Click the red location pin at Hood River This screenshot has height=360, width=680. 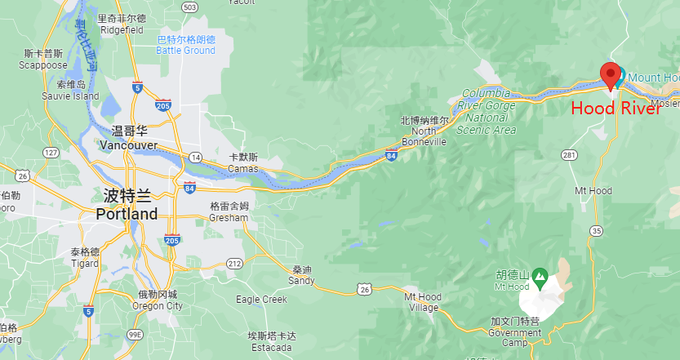610,73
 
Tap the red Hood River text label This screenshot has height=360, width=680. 615,109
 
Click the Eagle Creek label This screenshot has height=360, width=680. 261,300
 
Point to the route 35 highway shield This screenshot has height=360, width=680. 596,231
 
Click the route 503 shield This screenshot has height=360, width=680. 190,7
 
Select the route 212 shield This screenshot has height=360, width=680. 235,263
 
